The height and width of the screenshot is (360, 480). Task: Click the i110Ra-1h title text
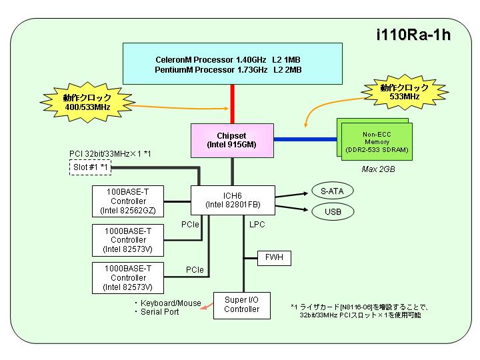[413, 35]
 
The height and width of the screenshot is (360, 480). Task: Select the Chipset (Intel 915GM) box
[232, 141]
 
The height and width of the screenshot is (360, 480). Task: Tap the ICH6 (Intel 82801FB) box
[233, 200]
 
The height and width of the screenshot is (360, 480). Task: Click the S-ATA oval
[333, 191]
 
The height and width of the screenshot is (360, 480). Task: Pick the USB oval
[333, 211]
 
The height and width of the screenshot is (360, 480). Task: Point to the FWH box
[274, 258]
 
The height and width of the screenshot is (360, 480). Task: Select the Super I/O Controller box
[242, 305]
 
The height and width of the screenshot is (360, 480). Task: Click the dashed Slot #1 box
[90, 167]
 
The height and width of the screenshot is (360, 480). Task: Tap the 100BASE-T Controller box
[128, 201]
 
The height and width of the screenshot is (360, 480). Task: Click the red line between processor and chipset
[233, 104]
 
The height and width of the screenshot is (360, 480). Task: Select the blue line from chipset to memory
[305, 139]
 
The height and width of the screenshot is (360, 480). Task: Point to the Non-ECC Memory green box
[377, 142]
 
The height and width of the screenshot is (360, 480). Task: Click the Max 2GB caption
[379, 169]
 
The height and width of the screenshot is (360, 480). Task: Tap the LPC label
[257, 225]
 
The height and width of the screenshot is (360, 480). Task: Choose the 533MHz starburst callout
[405, 92]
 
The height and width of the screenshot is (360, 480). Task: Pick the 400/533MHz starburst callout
[87, 102]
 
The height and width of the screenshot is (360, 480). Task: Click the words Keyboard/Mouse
[171, 303]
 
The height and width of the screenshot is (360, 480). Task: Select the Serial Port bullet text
[157, 312]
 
